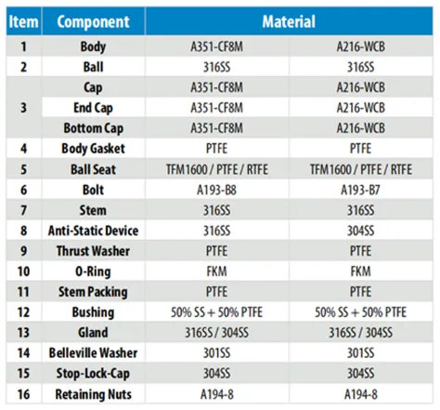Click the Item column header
pos(23,21)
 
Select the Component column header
pos(93,21)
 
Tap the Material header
pos(289,21)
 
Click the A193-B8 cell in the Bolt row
pos(216,190)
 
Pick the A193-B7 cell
pos(360,190)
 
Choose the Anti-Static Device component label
pos(93,231)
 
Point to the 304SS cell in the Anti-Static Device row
pos(360,231)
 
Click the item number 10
pos(23,271)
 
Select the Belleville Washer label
pos(93,352)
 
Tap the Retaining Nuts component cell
pos(93,394)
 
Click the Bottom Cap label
pos(93,128)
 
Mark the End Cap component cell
pos(93,108)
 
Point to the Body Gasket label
pos(93,149)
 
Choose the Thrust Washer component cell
pos(93,251)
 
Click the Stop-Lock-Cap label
pos(93,374)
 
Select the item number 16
pos(23,394)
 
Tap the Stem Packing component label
pos(93,292)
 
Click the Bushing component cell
pos(93,312)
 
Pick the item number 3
pos(23,108)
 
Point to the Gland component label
pos(93,333)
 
